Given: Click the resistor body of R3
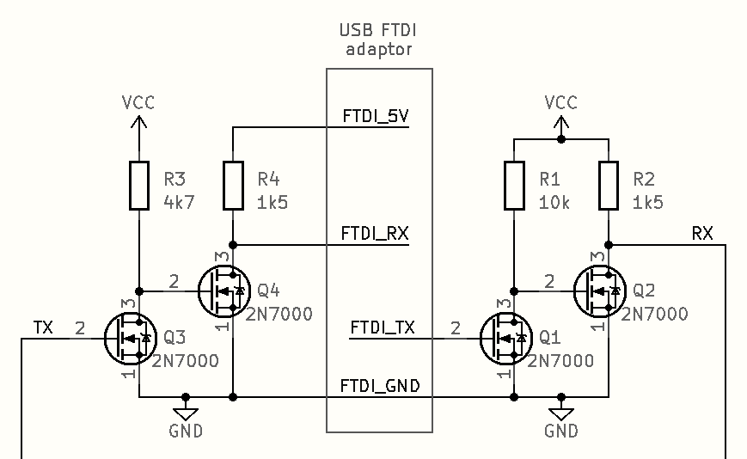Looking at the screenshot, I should (138, 185).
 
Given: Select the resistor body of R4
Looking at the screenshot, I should (233, 185).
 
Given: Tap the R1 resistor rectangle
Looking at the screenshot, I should (514, 185).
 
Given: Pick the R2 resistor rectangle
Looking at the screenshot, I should (609, 185).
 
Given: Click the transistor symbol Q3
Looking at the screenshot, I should (128, 338).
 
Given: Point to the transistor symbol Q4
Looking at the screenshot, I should (223, 291).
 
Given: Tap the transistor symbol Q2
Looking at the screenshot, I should (598, 291).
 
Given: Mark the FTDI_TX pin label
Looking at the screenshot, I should (383, 327).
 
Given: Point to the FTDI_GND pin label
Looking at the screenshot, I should (380, 386).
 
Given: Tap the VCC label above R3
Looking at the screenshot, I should (138, 102).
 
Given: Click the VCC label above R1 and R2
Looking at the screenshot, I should (561, 102).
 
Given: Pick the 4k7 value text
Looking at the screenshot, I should (178, 203).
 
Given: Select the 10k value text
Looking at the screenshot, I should (554, 203).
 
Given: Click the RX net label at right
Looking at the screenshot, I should (702, 233).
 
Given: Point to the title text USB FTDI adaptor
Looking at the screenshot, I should (379, 40).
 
